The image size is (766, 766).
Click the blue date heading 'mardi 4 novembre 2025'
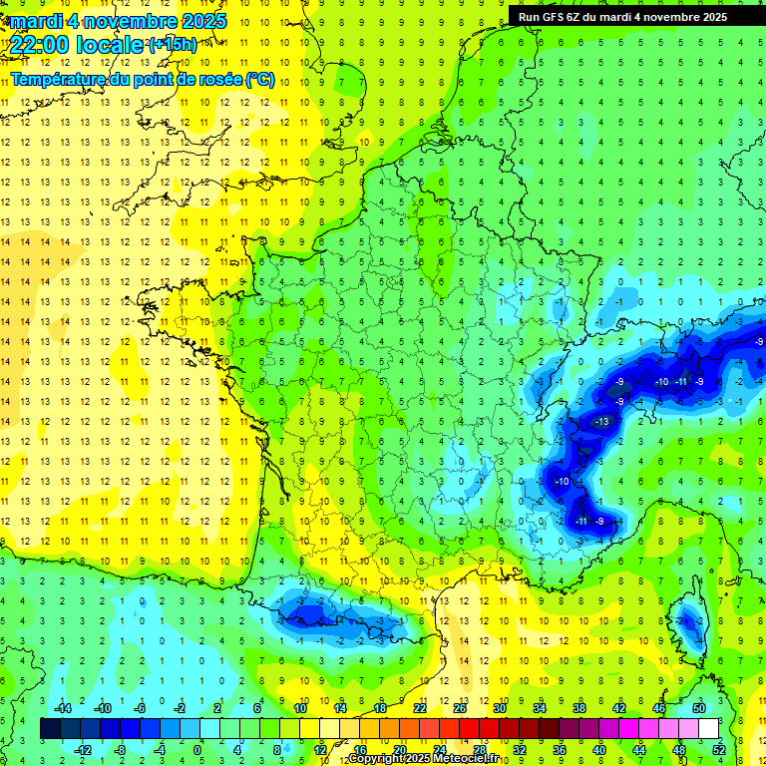[x=115, y=21]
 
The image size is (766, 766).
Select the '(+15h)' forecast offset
[x=173, y=45]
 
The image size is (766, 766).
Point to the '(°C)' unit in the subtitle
[x=259, y=80]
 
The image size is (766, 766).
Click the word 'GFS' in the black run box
[x=559, y=17]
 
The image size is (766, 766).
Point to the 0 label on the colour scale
[x=197, y=750]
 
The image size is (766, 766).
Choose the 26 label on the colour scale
[x=460, y=708]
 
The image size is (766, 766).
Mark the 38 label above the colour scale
[x=579, y=708]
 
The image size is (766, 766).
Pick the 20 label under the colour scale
[x=399, y=750]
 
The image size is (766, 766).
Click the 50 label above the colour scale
[x=699, y=708]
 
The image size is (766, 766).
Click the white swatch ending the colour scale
[x=709, y=729]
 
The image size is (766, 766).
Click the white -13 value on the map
[x=600, y=422]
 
